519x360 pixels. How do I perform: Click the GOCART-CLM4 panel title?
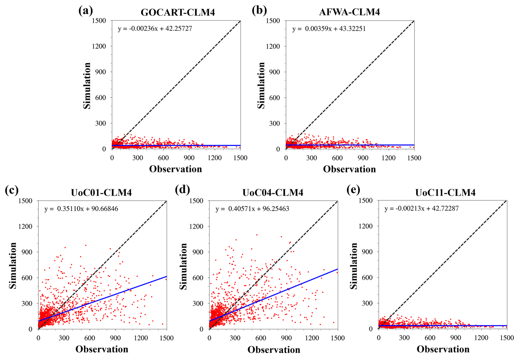178,12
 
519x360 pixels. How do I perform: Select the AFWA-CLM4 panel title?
349,12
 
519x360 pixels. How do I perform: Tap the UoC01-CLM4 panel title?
101,192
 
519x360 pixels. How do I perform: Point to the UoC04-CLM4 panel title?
273,192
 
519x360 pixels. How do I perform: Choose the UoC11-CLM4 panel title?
445,192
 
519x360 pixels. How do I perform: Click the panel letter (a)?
86,11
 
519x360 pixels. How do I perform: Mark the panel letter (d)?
182,190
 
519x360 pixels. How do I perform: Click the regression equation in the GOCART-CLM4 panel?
155,29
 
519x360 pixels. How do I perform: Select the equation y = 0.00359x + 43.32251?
329,29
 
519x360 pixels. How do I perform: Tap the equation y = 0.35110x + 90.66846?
81,209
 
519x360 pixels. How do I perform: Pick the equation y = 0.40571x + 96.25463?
252,209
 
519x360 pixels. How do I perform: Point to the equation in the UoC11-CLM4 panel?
421,208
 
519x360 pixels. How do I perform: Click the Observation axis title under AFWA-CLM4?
349,169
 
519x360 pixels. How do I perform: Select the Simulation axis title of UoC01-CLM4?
13,265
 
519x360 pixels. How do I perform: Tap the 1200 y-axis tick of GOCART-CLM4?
99,46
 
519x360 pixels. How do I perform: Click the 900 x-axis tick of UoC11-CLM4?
456,338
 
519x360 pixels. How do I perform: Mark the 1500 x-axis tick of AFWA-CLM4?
414,158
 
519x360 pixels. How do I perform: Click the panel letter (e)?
354,190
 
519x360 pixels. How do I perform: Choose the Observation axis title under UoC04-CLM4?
274,350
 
